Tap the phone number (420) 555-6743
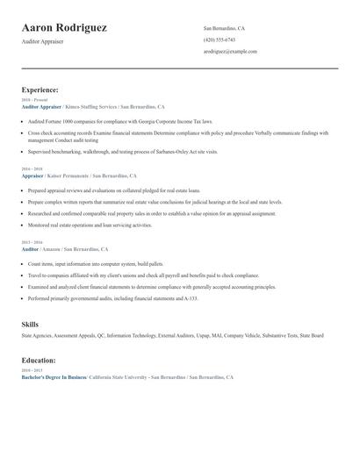pos(219,40)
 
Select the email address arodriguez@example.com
pos(230,52)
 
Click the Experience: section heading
pos(40,90)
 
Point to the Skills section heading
pos(30,325)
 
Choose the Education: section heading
pos(39,361)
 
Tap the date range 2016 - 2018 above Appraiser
pos(31,168)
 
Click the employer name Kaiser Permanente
pos(78,175)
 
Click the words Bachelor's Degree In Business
pos(54,377)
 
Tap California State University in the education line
pos(119,377)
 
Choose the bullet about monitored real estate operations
pos(90,225)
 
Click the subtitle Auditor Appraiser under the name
pos(44,41)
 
